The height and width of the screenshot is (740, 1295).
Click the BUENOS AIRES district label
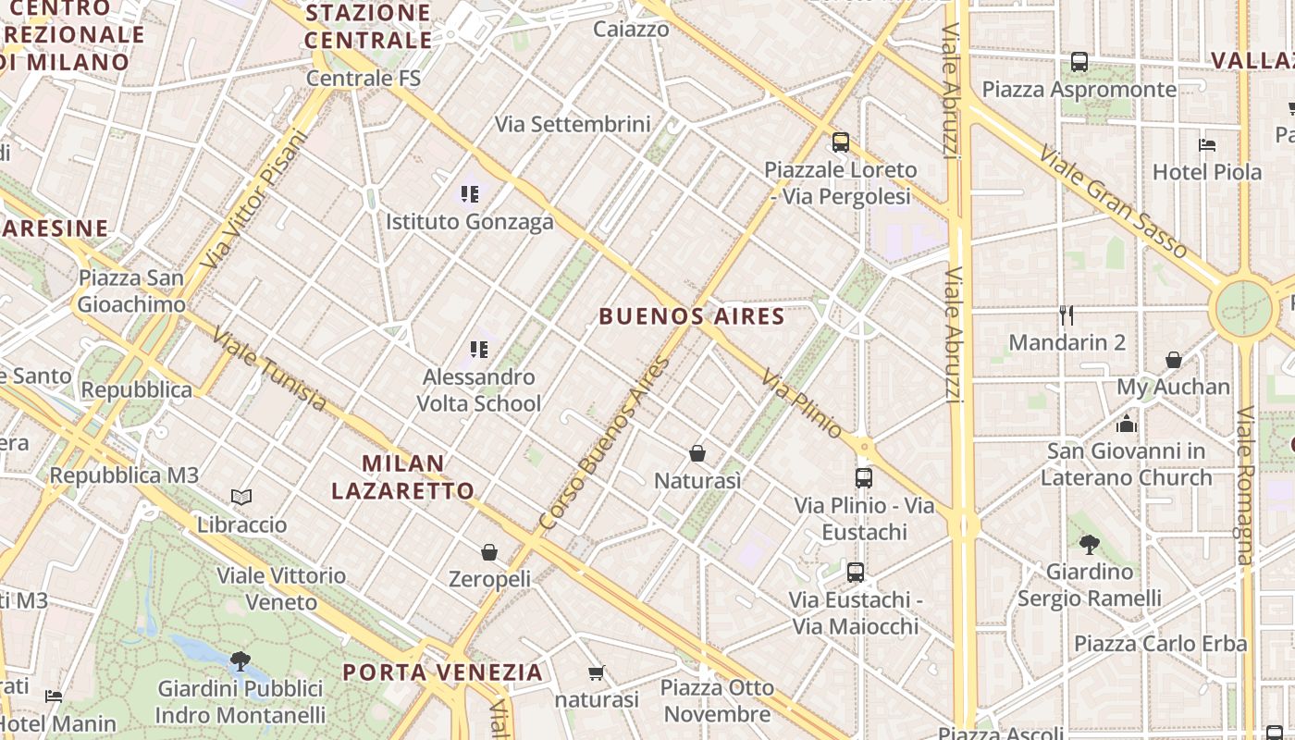(692, 316)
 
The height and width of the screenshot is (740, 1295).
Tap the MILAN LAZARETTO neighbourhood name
(402, 477)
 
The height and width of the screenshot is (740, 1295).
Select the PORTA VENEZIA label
(442, 672)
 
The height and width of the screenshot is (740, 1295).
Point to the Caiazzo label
(631, 29)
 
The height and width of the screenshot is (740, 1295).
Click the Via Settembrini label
(573, 124)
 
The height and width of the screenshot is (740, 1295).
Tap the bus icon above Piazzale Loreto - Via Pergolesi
(840, 142)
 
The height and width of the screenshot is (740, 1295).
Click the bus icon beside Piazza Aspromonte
(1079, 62)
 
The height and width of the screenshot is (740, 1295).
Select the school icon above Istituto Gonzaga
(470, 194)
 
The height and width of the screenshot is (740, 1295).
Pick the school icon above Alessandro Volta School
(478, 350)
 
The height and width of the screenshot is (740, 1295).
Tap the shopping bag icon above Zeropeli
(489, 552)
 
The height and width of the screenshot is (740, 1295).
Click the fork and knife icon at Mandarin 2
(1067, 315)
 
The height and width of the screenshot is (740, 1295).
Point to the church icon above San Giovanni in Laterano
(1126, 424)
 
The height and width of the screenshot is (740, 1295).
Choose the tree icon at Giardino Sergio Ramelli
(1089, 545)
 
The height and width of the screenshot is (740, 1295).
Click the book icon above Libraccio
(241, 498)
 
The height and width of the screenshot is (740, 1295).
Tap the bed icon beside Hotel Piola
(1206, 144)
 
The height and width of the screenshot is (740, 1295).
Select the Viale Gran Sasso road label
(1113, 202)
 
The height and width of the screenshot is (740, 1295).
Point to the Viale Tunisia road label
(269, 369)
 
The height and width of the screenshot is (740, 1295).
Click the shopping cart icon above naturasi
(597, 672)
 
